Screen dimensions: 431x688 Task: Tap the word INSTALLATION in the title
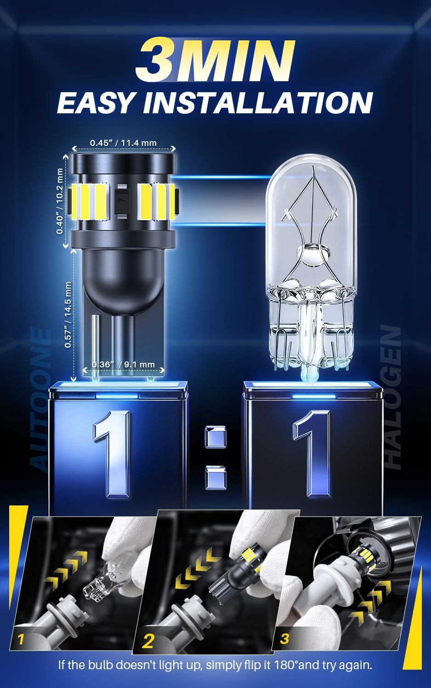258,103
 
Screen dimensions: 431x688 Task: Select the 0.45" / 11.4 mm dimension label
123,143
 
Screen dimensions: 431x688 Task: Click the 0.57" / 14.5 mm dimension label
68,315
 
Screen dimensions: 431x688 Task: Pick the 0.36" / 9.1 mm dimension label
123,364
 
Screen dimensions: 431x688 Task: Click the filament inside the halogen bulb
312,221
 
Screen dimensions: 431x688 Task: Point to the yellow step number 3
284,636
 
